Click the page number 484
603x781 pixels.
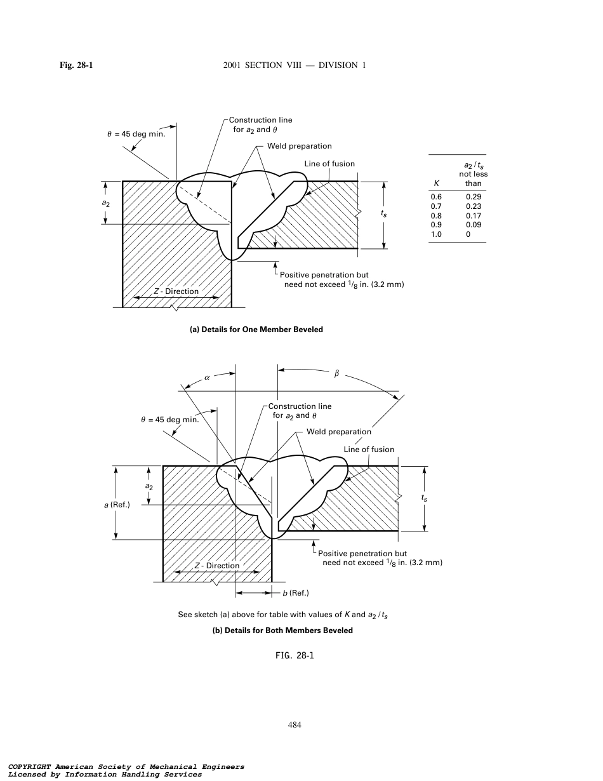[295, 725]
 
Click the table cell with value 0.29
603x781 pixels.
[473, 197]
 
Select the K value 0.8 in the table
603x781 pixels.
[436, 216]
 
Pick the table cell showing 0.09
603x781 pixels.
[473, 225]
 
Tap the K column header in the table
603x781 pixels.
[436, 184]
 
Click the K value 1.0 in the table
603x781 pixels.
[436, 234]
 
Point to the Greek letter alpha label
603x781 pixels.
[207, 377]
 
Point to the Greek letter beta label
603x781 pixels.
[337, 375]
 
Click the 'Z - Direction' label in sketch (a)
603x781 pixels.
[176, 291]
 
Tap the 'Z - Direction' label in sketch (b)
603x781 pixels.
[217, 566]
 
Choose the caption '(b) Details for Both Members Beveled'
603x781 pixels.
[282, 631]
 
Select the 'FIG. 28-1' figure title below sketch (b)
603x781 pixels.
[292, 656]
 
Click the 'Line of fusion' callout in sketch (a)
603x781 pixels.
[329, 164]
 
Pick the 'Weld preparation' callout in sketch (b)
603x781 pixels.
[338, 432]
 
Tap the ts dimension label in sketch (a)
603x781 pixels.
[383, 215]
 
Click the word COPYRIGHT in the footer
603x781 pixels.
[29, 767]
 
